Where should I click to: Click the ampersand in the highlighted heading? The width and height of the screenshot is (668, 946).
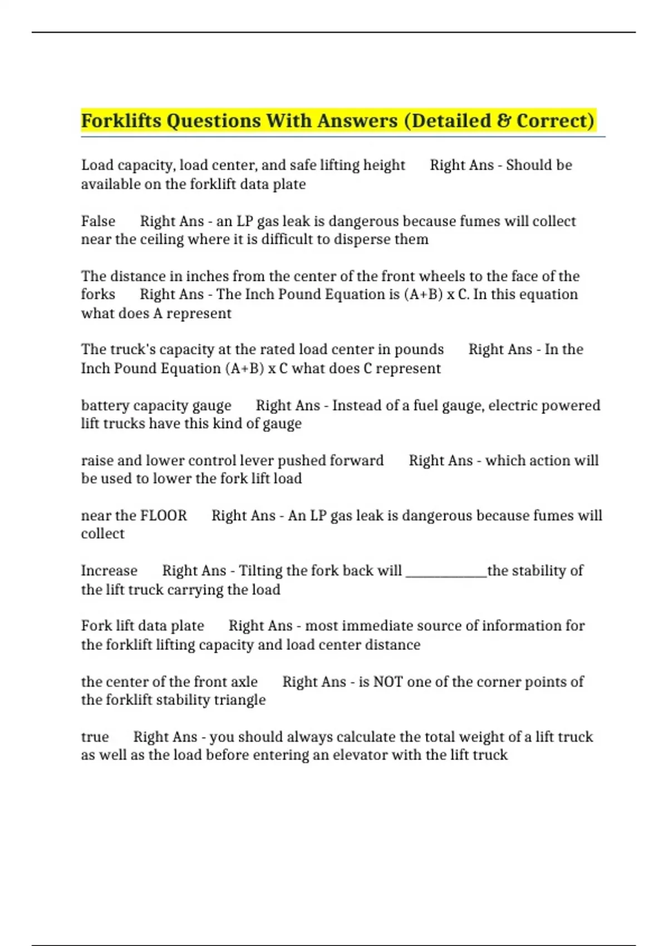[x=504, y=121]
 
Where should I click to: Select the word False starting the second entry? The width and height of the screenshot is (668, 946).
[x=98, y=221]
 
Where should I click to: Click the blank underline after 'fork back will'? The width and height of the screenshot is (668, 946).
[x=446, y=571]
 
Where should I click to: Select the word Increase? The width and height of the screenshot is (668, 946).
[x=109, y=571]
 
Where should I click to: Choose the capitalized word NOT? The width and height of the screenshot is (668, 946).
[x=387, y=682]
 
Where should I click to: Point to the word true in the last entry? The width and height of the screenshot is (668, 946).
[x=95, y=737]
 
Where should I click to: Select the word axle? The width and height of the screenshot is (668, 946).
[x=244, y=682]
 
